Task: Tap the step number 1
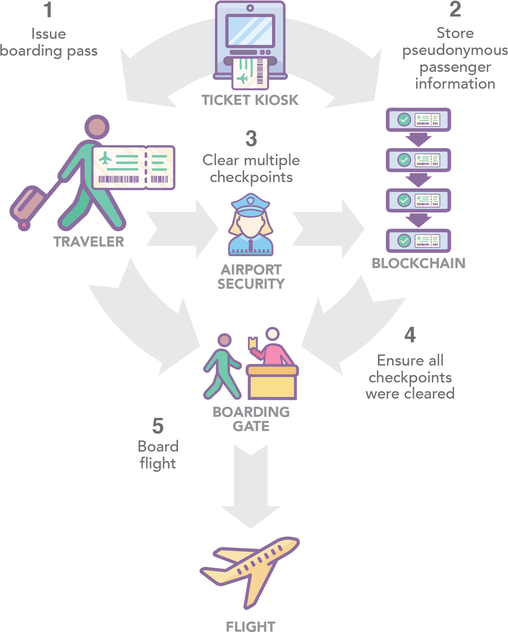[x=48, y=10]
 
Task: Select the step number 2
[x=455, y=9]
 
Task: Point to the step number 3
[x=251, y=139]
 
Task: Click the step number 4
[x=410, y=335]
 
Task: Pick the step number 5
[x=158, y=426]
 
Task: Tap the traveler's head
[x=97, y=127]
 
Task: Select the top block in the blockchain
[x=418, y=120]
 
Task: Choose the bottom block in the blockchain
[x=418, y=241]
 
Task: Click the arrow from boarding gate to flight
[x=251, y=486]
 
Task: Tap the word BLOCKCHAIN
[x=418, y=263]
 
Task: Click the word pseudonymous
[x=455, y=51]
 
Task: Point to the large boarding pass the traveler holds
[x=133, y=168]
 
